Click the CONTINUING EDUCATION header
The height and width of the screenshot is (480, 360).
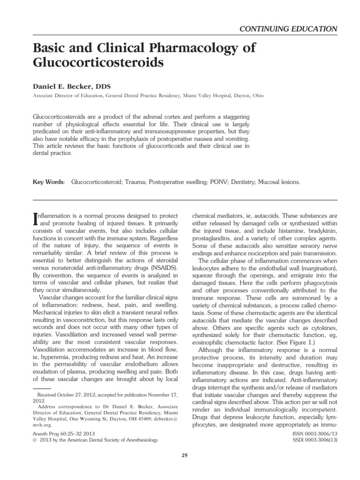pyautogui.click(x=288, y=28)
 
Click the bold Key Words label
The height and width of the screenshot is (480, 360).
pyautogui.click(x=49, y=181)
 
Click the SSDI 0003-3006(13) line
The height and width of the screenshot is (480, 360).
pyautogui.click(x=313, y=441)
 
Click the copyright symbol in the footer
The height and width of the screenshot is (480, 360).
pyautogui.click(x=35, y=441)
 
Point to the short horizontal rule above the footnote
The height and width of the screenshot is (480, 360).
pyautogui.click(x=41, y=389)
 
